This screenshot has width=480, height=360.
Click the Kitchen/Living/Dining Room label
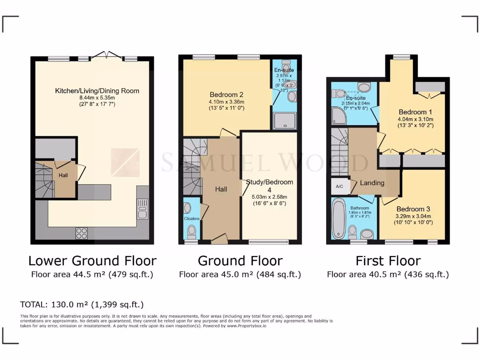click(x=97, y=91)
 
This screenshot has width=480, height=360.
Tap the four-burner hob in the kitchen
click(x=82, y=233)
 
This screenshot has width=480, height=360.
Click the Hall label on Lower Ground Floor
click(x=63, y=175)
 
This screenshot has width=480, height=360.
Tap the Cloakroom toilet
click(x=191, y=232)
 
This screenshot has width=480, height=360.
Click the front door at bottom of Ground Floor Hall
click(x=219, y=240)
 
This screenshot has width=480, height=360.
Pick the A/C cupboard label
click(x=339, y=186)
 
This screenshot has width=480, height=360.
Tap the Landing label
click(x=372, y=183)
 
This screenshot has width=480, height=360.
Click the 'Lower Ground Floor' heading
click(x=92, y=261)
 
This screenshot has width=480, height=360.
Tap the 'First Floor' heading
click(x=388, y=261)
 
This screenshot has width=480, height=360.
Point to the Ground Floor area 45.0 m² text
click(x=240, y=275)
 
